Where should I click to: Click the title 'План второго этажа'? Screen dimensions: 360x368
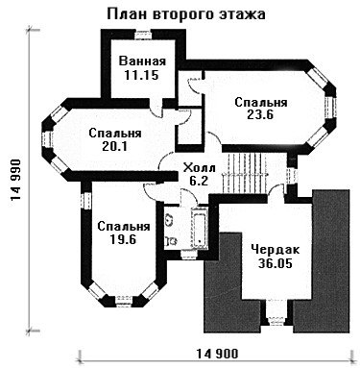pos(186,13)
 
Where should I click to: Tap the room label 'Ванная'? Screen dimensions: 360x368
pos(142,61)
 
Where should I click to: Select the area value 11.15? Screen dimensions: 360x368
pos(141,75)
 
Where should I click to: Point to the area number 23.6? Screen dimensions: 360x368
pos(260,115)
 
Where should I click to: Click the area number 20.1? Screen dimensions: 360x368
pos(114,146)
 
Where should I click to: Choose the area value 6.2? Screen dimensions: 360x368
pos(199,181)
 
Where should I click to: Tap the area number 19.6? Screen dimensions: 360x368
pos(123,239)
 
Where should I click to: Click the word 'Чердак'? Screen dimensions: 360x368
pos(276,249)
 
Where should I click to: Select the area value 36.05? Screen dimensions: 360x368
pos(276,263)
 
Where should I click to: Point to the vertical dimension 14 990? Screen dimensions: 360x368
pos(15,180)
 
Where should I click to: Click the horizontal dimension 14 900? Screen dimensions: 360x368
pos(217,354)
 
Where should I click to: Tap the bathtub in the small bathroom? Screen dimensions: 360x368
pos(200,229)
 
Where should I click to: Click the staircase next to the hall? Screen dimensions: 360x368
pos(245,173)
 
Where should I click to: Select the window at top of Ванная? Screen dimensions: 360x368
pos(142,35)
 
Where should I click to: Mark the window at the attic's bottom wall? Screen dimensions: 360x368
pos(276,321)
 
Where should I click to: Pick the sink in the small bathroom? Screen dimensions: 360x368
pos(168,220)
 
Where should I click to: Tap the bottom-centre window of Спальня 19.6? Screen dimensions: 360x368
pos(123,302)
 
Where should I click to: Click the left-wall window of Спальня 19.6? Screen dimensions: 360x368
pos(86,201)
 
